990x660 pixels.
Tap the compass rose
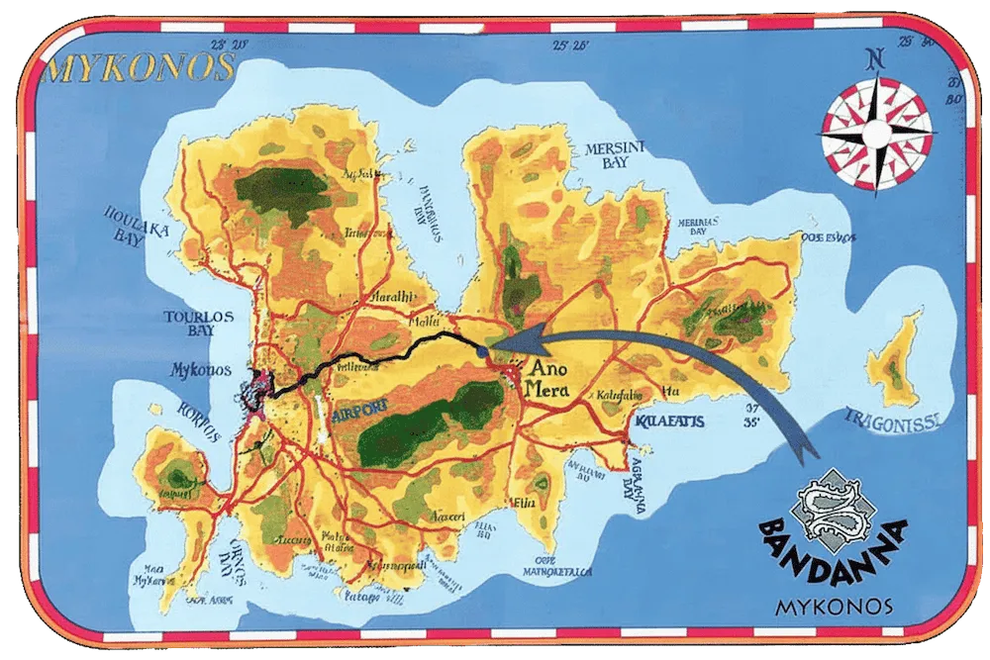tap(877, 126)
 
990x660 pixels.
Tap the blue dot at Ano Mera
tap(481, 351)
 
